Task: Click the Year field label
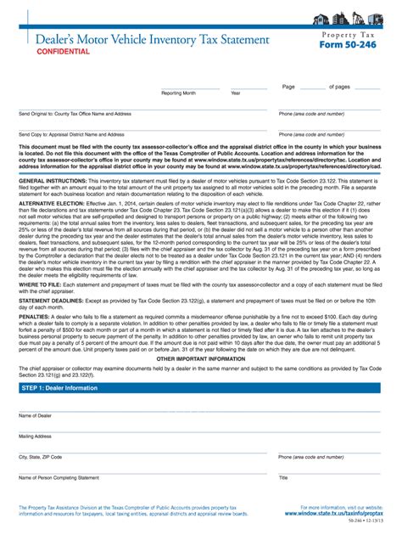click(x=235, y=93)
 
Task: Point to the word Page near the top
click(x=288, y=87)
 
